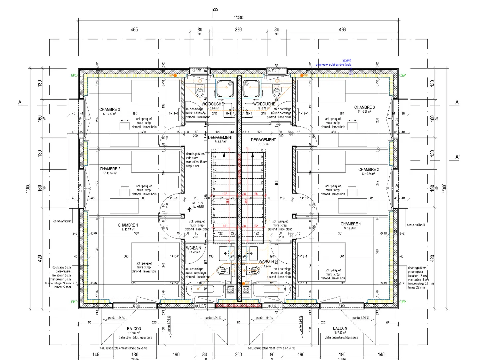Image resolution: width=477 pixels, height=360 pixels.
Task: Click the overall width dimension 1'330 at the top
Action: [x=238, y=18]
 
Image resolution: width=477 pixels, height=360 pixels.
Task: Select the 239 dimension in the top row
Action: [x=238, y=29]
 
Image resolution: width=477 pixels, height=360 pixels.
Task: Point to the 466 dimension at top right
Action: [x=342, y=29]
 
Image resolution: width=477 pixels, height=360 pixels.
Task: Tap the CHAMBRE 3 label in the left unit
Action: [x=109, y=109]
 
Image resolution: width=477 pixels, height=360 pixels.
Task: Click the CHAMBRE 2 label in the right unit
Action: [x=368, y=169]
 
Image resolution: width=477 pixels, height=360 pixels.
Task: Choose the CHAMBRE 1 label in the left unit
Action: [x=128, y=225]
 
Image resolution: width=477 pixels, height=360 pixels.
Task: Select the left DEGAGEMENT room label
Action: [x=220, y=137]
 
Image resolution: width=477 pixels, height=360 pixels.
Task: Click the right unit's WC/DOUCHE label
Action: [x=264, y=104]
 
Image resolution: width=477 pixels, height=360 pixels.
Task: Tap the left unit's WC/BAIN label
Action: [x=193, y=248]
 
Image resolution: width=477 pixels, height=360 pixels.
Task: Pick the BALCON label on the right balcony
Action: [x=340, y=328]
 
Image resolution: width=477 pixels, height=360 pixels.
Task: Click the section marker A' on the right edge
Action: [x=457, y=157]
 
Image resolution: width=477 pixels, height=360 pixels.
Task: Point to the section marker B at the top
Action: [x=216, y=10]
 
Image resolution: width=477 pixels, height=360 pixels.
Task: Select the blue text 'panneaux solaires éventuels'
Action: [x=333, y=64]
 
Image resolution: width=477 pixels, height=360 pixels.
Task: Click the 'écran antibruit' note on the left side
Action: [x=62, y=221]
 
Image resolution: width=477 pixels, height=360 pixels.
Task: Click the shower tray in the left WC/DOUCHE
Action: [x=225, y=89]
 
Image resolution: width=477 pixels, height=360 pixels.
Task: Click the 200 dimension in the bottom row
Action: [x=238, y=354]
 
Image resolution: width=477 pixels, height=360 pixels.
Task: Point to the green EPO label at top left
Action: [x=74, y=75]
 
